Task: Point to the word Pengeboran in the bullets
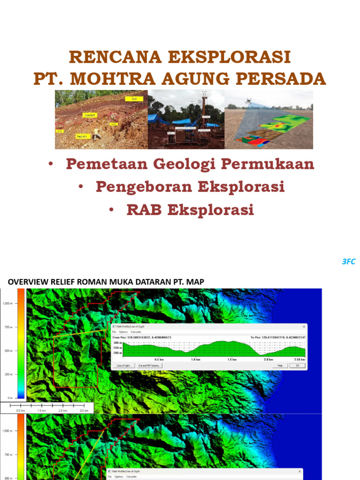point(144,187)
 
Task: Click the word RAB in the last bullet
point(144,210)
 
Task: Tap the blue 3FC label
point(348,262)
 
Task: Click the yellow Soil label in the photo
point(134,99)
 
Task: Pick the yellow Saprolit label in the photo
point(82,136)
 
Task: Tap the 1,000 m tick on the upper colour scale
point(7,303)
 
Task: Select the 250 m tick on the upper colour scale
point(8,374)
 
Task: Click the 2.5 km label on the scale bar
point(63,410)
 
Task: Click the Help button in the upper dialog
point(280,365)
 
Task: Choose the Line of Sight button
point(124,365)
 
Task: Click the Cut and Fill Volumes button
point(150,365)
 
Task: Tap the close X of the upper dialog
point(304,327)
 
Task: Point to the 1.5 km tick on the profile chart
point(232,359)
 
